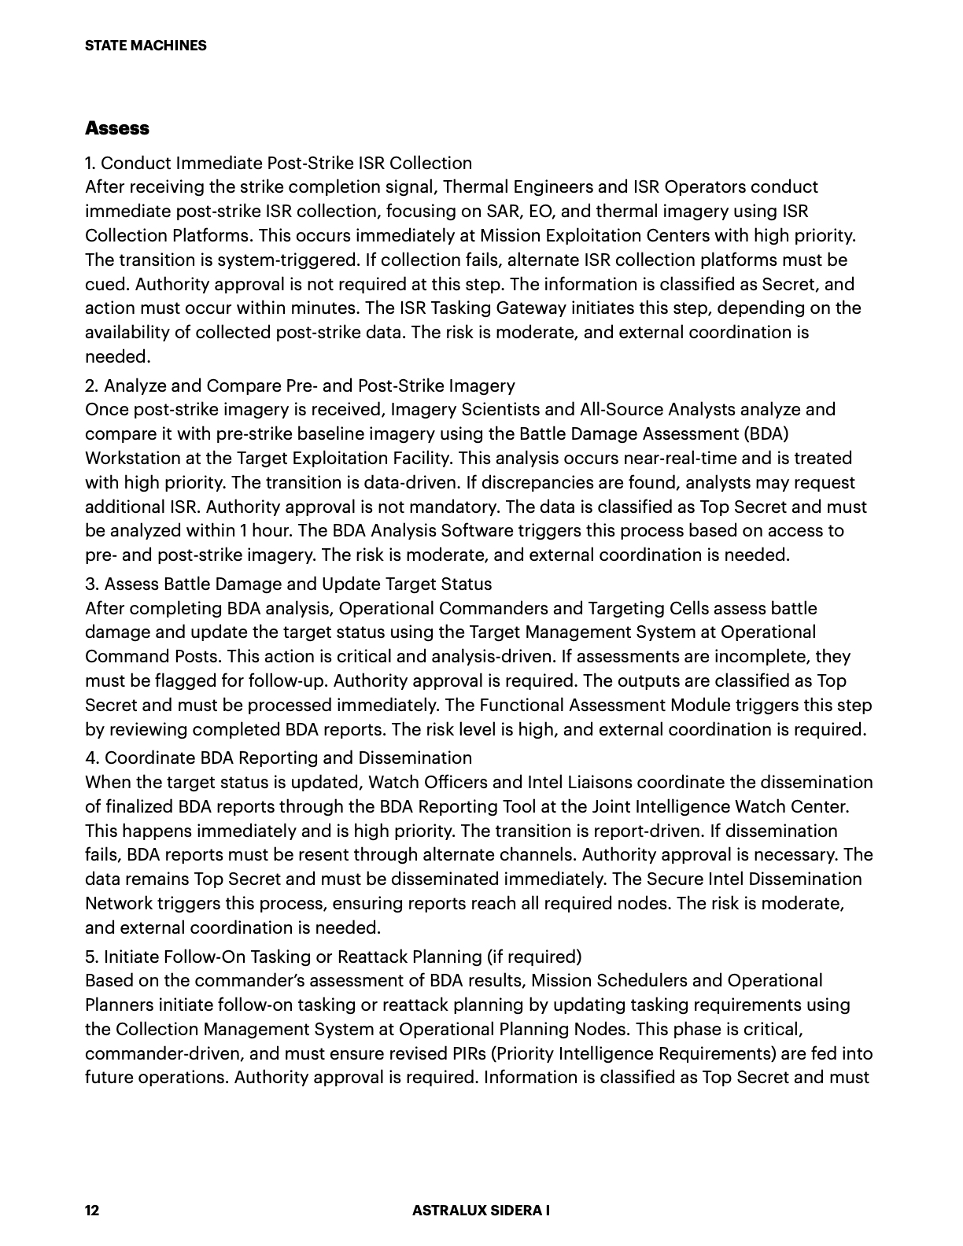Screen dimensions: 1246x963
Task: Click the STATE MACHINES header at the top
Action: point(146,46)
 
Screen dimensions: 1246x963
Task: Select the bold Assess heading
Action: point(117,127)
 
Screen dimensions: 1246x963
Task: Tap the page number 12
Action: point(92,1211)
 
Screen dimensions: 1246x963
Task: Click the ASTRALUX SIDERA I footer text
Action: point(481,1211)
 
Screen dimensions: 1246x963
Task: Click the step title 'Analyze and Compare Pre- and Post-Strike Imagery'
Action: point(309,385)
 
